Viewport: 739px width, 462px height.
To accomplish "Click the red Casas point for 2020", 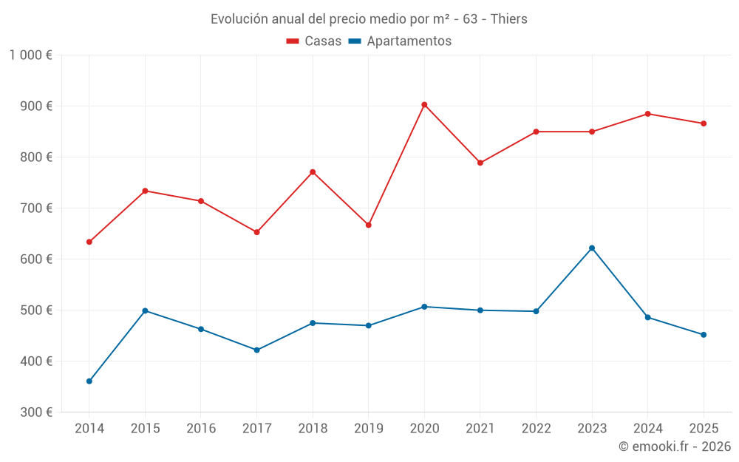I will point(424,105).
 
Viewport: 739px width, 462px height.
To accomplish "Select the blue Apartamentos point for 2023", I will point(592,248).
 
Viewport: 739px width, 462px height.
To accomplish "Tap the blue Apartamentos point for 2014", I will point(89,381).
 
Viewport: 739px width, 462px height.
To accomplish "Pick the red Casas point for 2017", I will point(257,232).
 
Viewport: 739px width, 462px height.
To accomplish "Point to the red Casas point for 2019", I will point(369,225).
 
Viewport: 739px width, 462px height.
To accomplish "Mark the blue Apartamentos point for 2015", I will point(145,310).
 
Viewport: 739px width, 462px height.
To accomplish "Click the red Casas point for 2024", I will point(648,114).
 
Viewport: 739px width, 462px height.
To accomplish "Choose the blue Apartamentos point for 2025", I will point(704,335).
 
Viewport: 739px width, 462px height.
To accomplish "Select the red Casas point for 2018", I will point(313,172).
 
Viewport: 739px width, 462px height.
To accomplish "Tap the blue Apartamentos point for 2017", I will point(257,350).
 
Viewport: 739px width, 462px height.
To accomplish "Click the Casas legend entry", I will point(314,41).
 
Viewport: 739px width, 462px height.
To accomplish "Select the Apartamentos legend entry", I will point(400,41).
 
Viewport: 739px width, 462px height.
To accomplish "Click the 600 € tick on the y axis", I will point(38,259).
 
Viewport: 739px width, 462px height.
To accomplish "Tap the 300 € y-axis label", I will point(38,412).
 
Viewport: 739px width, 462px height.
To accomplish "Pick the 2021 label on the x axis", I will point(480,428).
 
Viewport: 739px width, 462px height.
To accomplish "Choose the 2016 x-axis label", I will point(201,428).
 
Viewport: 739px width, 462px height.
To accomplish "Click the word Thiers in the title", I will point(508,19).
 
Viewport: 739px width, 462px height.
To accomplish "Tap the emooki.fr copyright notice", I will point(674,446).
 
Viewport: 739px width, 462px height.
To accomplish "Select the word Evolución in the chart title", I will point(239,19).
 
